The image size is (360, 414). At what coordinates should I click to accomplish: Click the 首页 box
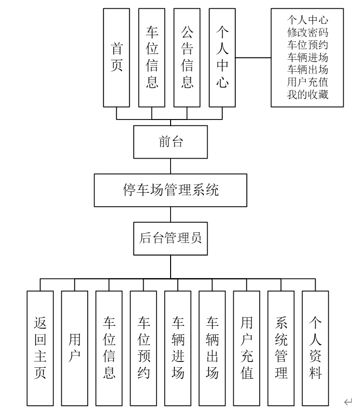[x=117, y=57]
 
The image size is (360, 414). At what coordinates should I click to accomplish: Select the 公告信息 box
[x=187, y=57]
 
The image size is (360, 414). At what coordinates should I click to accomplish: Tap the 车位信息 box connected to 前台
[x=152, y=57]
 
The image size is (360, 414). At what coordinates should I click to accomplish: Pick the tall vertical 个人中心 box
[x=222, y=57]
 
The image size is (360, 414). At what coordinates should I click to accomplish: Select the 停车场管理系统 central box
[x=171, y=190]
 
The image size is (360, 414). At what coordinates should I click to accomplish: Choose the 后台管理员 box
[x=171, y=238]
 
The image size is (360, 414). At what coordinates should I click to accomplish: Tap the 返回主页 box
[x=40, y=347]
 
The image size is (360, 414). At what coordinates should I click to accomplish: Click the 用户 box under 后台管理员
[x=75, y=347]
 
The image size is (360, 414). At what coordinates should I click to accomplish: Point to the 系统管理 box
[x=281, y=347]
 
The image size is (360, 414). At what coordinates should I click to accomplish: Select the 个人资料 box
[x=316, y=347]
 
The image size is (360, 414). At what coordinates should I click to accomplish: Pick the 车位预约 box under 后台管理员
[x=144, y=347]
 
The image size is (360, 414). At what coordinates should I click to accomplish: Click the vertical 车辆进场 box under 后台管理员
[x=178, y=347]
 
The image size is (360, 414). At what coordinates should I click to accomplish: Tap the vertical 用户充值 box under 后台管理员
[x=247, y=347]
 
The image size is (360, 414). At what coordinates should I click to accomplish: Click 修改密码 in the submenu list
[x=307, y=33]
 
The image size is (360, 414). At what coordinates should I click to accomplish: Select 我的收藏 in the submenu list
[x=307, y=94]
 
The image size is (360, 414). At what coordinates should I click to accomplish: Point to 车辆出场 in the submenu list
[x=307, y=70]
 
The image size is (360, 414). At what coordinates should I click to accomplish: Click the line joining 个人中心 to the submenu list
[x=253, y=57]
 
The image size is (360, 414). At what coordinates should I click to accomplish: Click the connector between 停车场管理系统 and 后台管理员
[x=171, y=214]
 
